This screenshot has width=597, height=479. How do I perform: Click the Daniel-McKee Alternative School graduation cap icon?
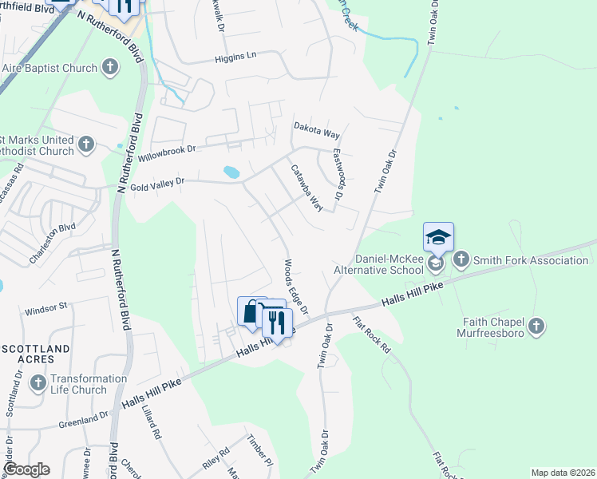click(x=438, y=237)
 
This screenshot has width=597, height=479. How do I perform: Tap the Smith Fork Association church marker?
click(x=461, y=259)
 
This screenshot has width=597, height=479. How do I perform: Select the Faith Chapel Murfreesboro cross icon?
click(x=536, y=326)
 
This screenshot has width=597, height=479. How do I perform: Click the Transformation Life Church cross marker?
click(x=38, y=384)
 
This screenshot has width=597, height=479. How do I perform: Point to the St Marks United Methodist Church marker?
click(x=87, y=145)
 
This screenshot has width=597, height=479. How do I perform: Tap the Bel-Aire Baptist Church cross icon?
click(x=109, y=69)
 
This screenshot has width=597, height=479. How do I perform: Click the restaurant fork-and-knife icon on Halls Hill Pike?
click(x=276, y=322)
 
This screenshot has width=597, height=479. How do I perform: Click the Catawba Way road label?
click(x=306, y=188)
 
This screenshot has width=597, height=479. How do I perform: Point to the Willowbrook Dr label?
click(x=166, y=152)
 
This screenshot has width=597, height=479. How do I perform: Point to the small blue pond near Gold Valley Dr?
click(x=231, y=172)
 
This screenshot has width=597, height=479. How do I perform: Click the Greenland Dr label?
click(x=83, y=418)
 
